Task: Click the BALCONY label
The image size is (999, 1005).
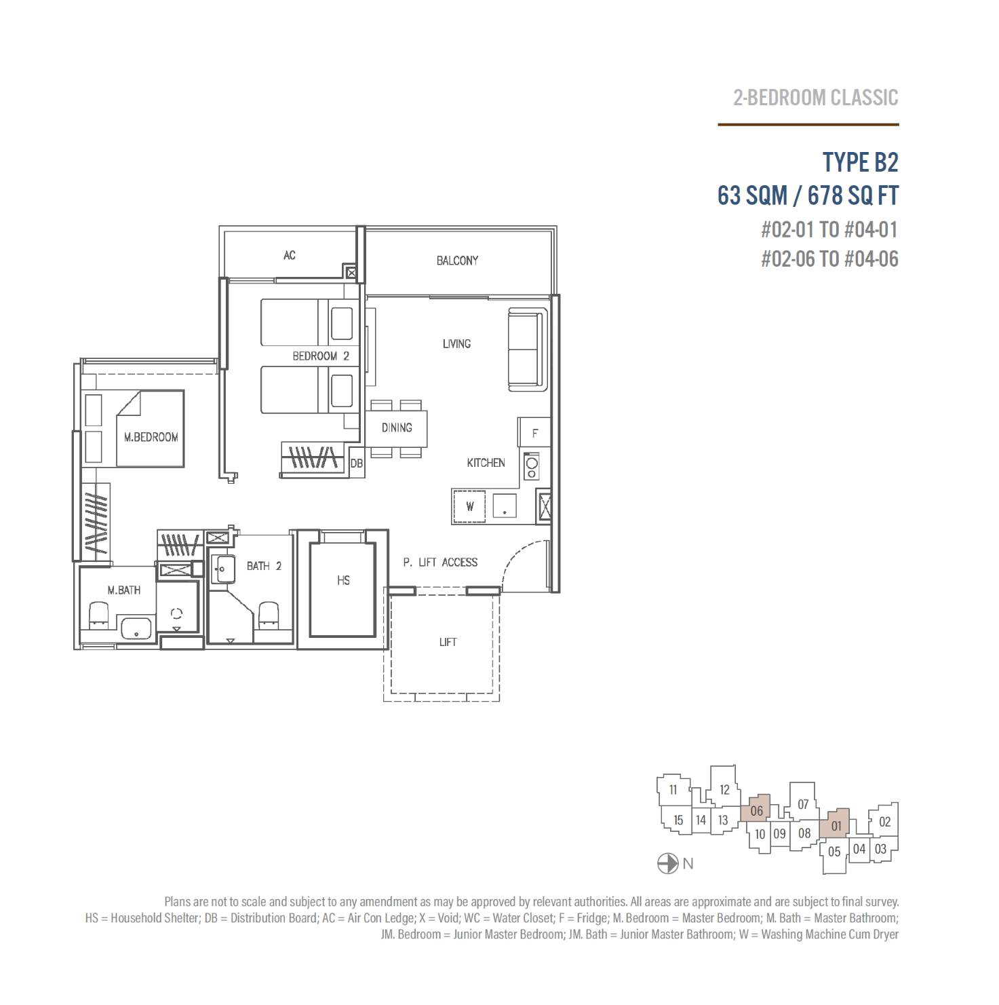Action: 457,261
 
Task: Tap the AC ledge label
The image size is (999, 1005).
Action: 290,255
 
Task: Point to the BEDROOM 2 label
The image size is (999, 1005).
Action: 321,356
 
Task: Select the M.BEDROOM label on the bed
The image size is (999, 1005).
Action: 151,437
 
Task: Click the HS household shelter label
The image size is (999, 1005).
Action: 343,580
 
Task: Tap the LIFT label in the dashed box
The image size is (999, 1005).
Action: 448,642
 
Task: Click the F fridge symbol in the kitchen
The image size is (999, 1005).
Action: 534,432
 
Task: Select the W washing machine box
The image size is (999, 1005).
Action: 470,506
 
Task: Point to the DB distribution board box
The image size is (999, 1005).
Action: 357,463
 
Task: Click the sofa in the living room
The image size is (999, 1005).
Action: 528,349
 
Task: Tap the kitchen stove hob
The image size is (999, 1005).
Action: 532,466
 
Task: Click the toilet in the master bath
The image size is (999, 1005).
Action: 99,613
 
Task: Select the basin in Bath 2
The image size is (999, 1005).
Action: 223,569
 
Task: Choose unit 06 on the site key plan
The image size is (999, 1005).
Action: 756,809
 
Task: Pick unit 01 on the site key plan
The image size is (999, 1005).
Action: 836,824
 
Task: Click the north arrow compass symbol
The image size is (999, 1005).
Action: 667,864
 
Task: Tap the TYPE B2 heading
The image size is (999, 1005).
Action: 860,163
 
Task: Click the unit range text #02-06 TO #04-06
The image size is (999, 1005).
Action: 829,259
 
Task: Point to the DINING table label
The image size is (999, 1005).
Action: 397,428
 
